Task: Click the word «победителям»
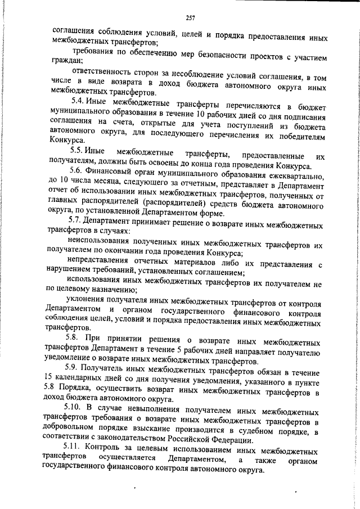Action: click(x=295, y=130)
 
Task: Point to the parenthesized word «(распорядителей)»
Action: click(x=177, y=204)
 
